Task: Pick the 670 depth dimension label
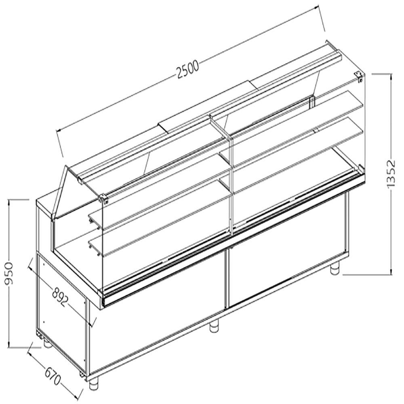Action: click(x=52, y=375)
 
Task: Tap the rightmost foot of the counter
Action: click(x=335, y=269)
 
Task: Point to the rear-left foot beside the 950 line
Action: click(x=47, y=343)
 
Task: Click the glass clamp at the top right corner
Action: click(x=359, y=76)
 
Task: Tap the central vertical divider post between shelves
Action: click(x=231, y=182)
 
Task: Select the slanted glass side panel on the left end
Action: click(x=61, y=194)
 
